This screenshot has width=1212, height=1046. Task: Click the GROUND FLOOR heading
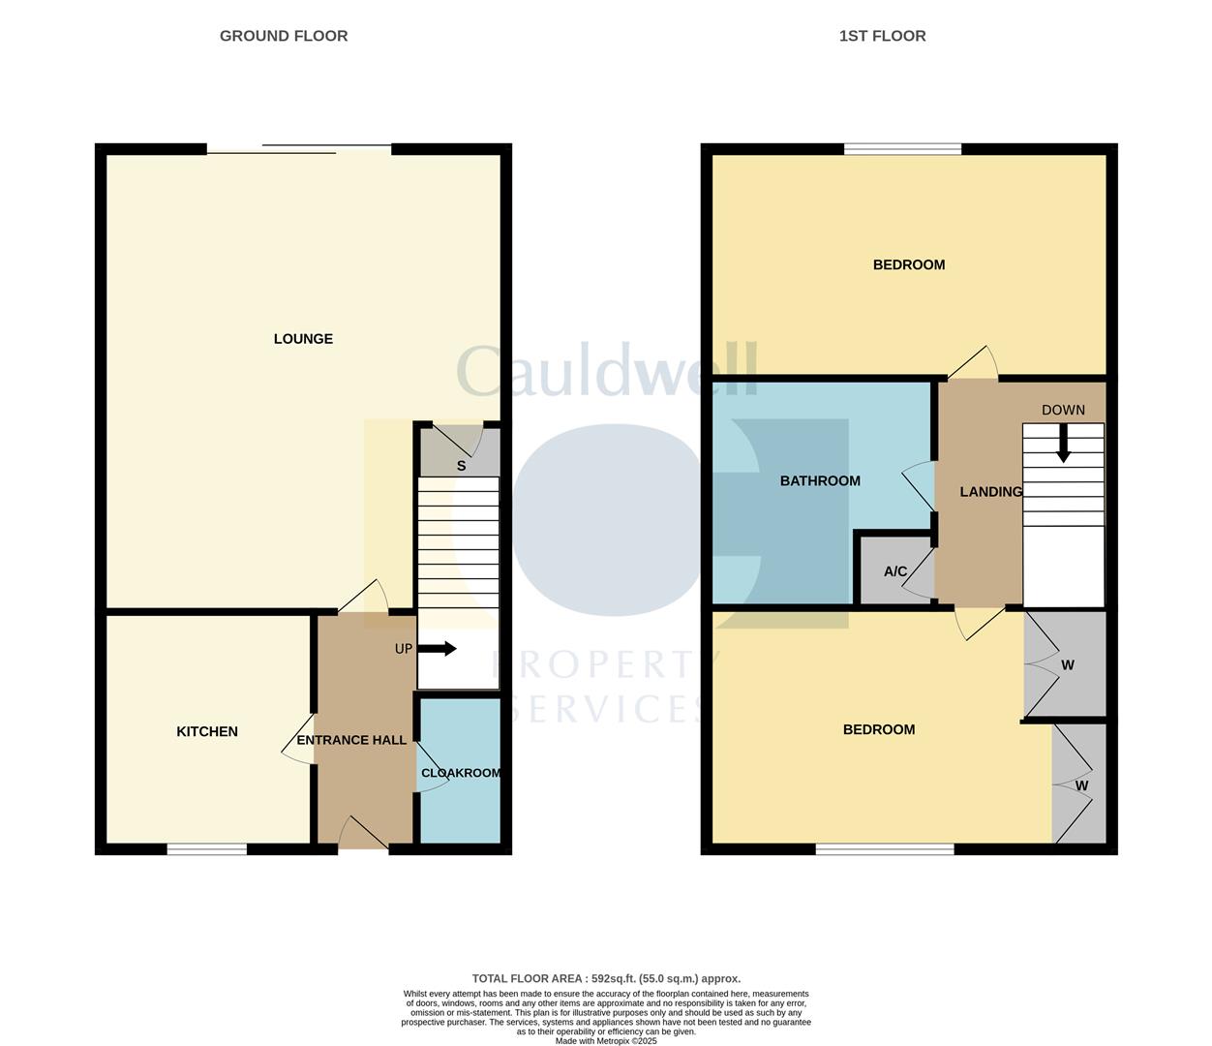tap(284, 36)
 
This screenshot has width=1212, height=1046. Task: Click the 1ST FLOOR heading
tap(882, 36)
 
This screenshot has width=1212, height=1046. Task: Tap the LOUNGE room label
tap(303, 339)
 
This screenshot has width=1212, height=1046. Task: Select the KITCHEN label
tap(207, 731)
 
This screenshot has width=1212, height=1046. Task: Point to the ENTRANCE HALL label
tap(351, 740)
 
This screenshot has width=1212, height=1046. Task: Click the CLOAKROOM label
tap(461, 773)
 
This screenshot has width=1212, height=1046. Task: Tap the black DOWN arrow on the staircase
tap(1063, 445)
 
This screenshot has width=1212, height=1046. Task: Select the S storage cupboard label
tap(461, 466)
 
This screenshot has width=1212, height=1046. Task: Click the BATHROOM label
tap(820, 480)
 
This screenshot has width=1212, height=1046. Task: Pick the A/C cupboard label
tap(895, 571)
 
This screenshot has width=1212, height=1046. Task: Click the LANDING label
tap(990, 492)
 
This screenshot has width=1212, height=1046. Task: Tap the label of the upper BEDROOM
tap(908, 264)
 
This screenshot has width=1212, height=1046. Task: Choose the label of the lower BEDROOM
tap(878, 729)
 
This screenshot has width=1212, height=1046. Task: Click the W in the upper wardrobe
tap(1068, 665)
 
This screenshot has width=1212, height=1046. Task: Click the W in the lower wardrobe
tap(1082, 785)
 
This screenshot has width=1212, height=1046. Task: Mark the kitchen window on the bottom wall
tap(206, 849)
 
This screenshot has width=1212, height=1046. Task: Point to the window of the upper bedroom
tap(902, 149)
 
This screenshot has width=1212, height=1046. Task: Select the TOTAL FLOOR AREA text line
tap(606, 979)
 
